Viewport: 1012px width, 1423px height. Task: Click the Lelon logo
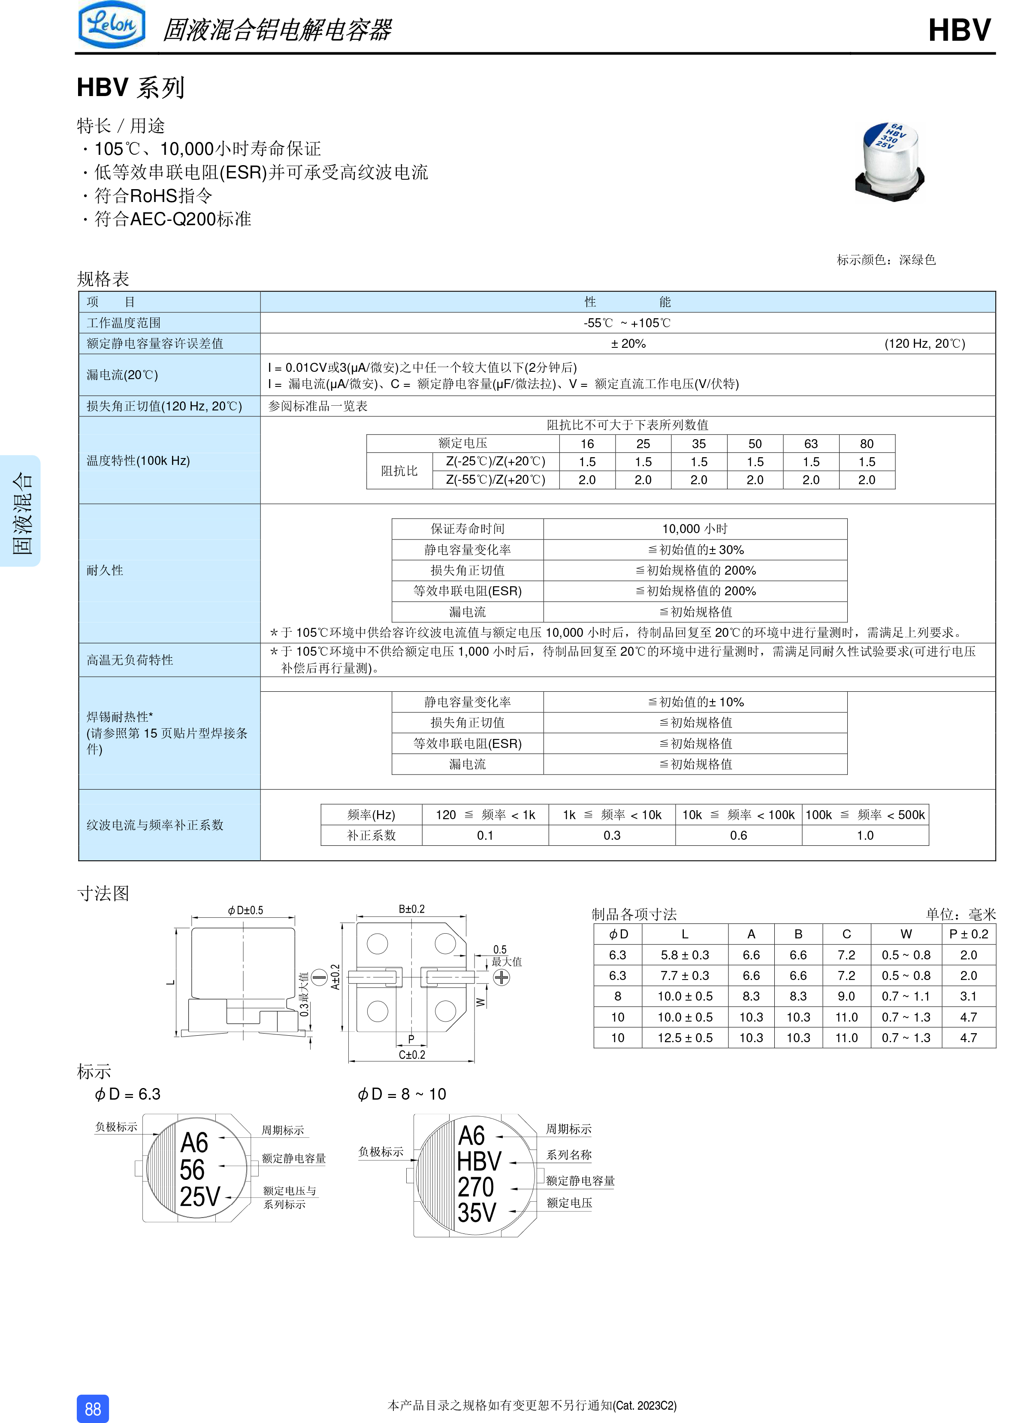pyautogui.click(x=112, y=25)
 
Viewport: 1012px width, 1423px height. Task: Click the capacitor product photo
pyautogui.click(x=889, y=162)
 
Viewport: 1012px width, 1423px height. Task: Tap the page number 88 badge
pyautogui.click(x=93, y=1409)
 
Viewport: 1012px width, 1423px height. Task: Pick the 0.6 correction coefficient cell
pyautogui.click(x=738, y=835)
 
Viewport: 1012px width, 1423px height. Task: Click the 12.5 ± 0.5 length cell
pyautogui.click(x=684, y=1038)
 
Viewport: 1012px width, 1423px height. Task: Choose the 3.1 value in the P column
pyautogui.click(x=968, y=996)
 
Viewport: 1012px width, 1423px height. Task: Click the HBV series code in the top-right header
pyautogui.click(x=959, y=30)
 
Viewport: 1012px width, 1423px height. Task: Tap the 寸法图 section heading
pyautogui.click(x=103, y=893)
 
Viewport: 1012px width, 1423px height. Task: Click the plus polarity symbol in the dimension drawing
pyautogui.click(x=501, y=977)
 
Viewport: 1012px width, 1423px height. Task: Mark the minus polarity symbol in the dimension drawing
pyautogui.click(x=319, y=977)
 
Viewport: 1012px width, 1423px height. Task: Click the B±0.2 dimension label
pyautogui.click(x=411, y=910)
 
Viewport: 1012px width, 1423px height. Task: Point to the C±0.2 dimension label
pyautogui.click(x=411, y=1055)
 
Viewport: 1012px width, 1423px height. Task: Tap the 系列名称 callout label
pyautogui.click(x=568, y=1155)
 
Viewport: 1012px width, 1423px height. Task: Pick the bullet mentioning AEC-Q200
pyautogui.click(x=172, y=219)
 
